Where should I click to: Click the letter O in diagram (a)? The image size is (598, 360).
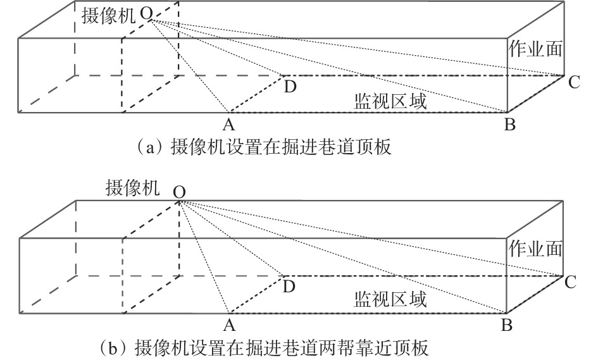pos(146,13)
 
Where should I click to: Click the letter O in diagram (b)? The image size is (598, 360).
pos(179,190)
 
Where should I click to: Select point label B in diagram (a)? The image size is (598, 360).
pos(509,124)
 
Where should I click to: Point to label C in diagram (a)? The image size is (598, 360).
pos(573,82)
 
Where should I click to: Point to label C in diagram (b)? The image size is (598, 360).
pos(570,282)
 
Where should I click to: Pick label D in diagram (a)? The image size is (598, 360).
pos(290,87)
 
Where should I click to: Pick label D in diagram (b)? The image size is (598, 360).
pos(289,287)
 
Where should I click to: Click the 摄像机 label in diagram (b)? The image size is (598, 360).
pos(132,188)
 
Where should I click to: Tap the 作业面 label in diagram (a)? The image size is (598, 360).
pos(536,49)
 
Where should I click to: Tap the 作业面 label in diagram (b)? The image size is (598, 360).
pos(536,248)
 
